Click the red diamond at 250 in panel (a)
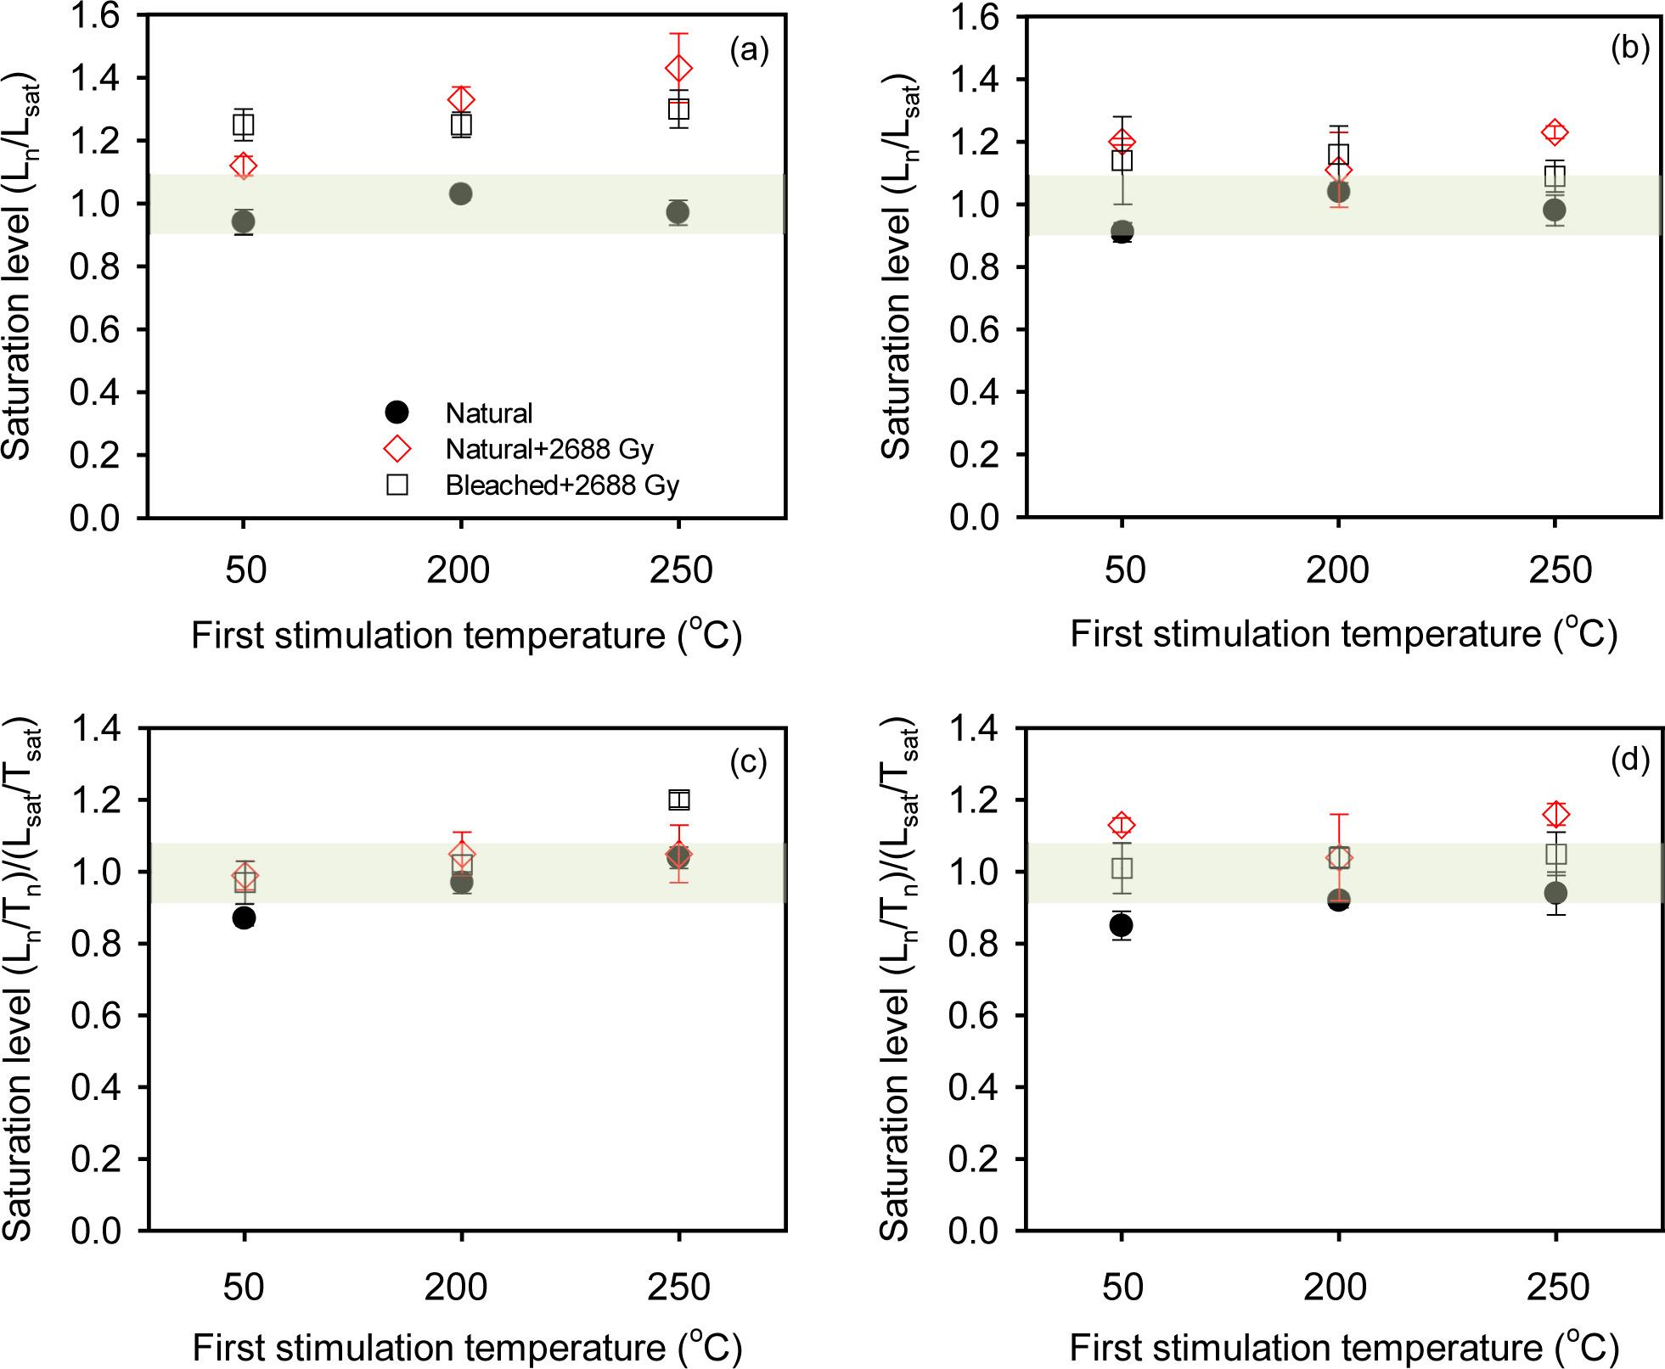point(678,68)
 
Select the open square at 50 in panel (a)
point(244,125)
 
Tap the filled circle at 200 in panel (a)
point(460,194)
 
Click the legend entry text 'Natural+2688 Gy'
point(549,449)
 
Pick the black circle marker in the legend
point(397,413)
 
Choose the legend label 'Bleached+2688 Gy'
point(562,485)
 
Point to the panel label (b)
point(1629,49)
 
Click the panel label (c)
point(748,763)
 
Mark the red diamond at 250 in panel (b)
point(1555,132)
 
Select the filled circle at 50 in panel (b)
point(1122,231)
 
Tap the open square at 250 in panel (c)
point(678,800)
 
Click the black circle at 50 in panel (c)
point(245,917)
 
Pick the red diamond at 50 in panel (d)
point(1122,824)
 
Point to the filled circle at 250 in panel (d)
point(1555,892)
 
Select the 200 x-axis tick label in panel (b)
point(1337,569)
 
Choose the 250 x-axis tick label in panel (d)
point(1557,1287)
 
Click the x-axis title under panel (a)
point(466,635)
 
